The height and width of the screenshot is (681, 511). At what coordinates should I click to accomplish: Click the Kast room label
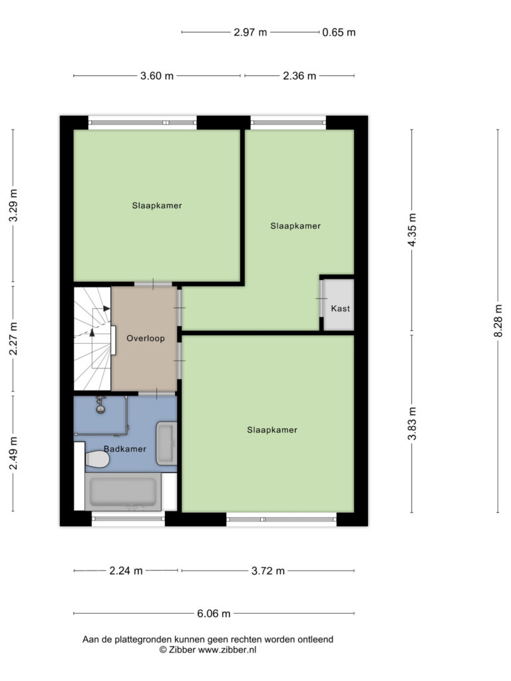point(340,309)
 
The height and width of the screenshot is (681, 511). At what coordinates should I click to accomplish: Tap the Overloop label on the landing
point(146,338)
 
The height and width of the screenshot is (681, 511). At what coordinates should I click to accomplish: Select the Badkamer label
point(124,449)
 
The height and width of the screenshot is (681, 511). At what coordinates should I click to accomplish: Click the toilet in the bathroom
point(97,459)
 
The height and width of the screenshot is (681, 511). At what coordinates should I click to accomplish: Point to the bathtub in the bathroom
point(123,491)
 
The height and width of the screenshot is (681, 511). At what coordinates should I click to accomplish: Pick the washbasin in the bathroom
point(166,443)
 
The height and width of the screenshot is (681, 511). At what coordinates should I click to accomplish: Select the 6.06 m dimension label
point(214,613)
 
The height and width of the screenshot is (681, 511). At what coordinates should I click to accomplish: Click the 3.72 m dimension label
point(268,571)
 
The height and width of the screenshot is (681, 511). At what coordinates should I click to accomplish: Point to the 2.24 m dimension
point(126,571)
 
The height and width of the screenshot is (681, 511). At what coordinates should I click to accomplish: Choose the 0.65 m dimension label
point(339,32)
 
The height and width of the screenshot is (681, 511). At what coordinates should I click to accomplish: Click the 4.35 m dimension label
point(412,229)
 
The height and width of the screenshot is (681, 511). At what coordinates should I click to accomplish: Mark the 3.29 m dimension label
point(13,205)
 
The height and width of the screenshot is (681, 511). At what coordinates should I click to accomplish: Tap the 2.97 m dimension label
point(250,32)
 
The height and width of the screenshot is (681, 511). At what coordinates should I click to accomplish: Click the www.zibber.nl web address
point(228,650)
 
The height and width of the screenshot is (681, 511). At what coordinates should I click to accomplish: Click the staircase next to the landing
point(92,339)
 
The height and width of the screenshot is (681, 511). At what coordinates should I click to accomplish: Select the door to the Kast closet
point(322,299)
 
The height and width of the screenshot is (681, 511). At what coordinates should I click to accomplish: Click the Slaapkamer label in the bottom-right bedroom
point(272,430)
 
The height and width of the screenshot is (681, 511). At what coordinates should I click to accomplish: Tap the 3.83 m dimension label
point(412,424)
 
